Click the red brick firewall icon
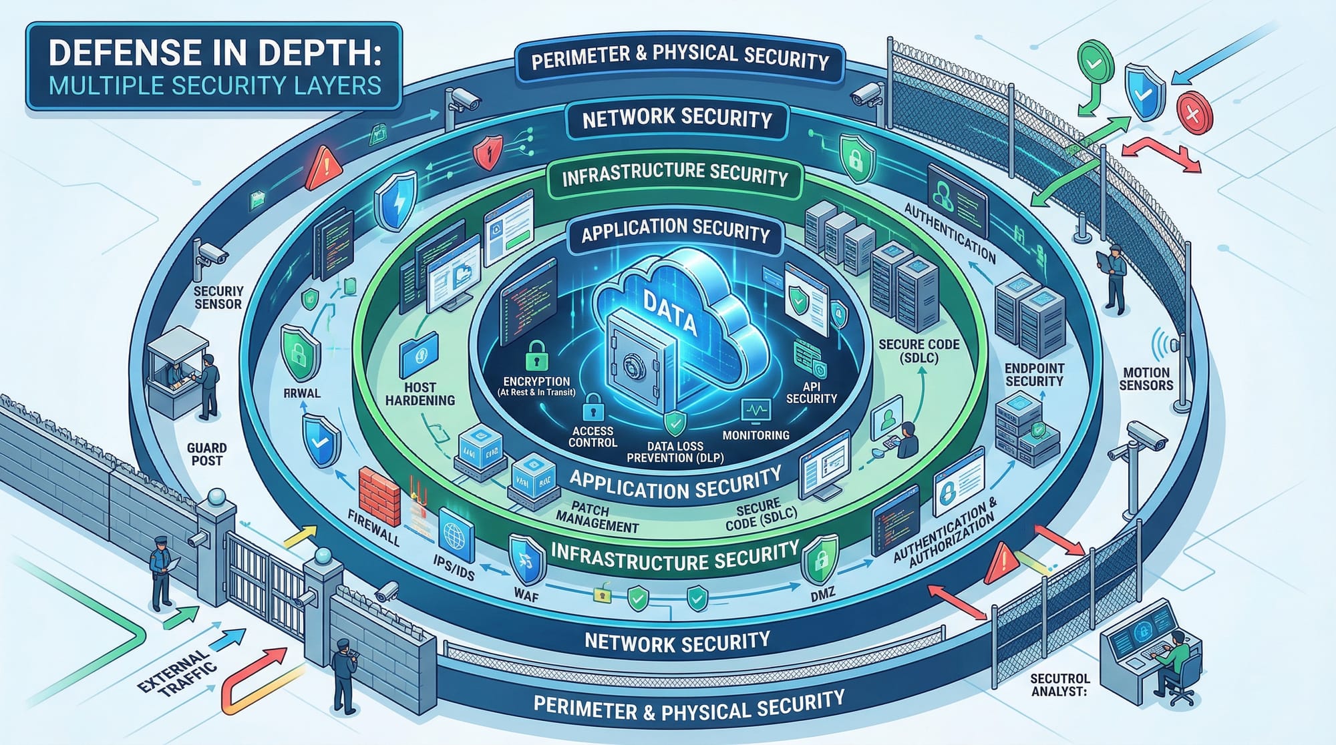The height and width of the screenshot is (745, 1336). (379, 497)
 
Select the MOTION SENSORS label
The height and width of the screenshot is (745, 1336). (1146, 379)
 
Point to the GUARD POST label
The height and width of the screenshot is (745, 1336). (206, 454)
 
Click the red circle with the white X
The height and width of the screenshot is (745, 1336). (1194, 114)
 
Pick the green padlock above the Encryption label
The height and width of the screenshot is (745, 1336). (536, 356)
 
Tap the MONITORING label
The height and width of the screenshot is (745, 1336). (756, 435)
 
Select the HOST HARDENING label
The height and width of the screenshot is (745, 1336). (420, 394)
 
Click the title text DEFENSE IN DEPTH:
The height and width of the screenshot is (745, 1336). (214, 53)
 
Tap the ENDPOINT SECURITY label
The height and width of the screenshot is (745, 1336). (1034, 375)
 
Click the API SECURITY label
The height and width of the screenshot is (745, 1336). (811, 393)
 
